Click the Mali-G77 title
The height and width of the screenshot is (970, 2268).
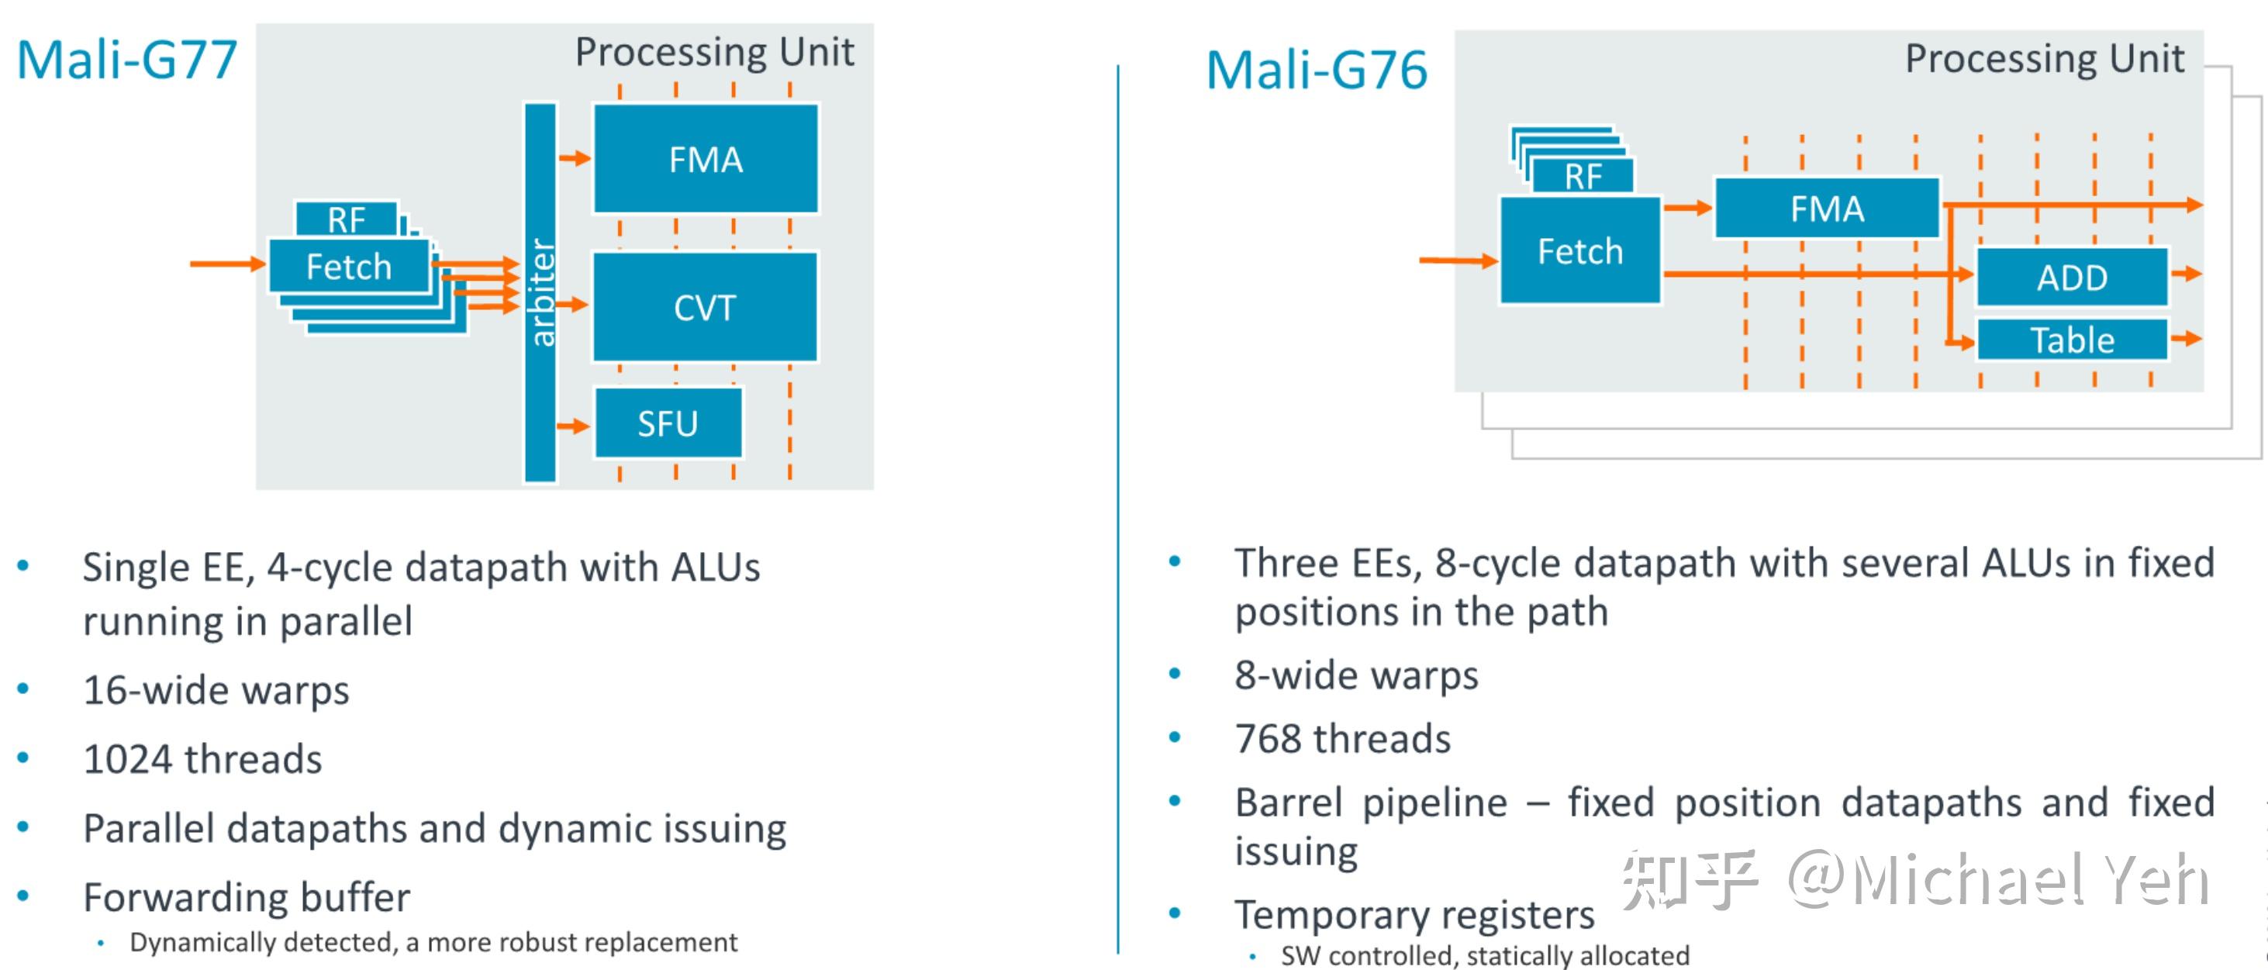click(x=128, y=60)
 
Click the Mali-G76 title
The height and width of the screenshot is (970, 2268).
click(x=1317, y=71)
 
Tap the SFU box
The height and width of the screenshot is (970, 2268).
click(x=668, y=423)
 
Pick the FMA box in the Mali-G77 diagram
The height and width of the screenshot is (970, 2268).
click(x=706, y=159)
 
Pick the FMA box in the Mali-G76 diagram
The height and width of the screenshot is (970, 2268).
click(x=1827, y=209)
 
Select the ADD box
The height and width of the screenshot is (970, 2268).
click(x=2072, y=278)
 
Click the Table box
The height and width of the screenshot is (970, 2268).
click(x=2072, y=340)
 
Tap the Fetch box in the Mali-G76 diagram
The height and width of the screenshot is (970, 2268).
click(x=1579, y=252)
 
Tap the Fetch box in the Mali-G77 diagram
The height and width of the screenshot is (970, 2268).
click(x=349, y=267)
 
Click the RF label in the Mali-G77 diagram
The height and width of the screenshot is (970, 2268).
click(x=346, y=219)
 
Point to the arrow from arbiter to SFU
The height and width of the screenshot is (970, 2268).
click(x=573, y=426)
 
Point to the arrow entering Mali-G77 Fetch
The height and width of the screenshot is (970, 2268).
click(x=227, y=263)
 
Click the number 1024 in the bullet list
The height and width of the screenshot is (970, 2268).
click(x=127, y=759)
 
